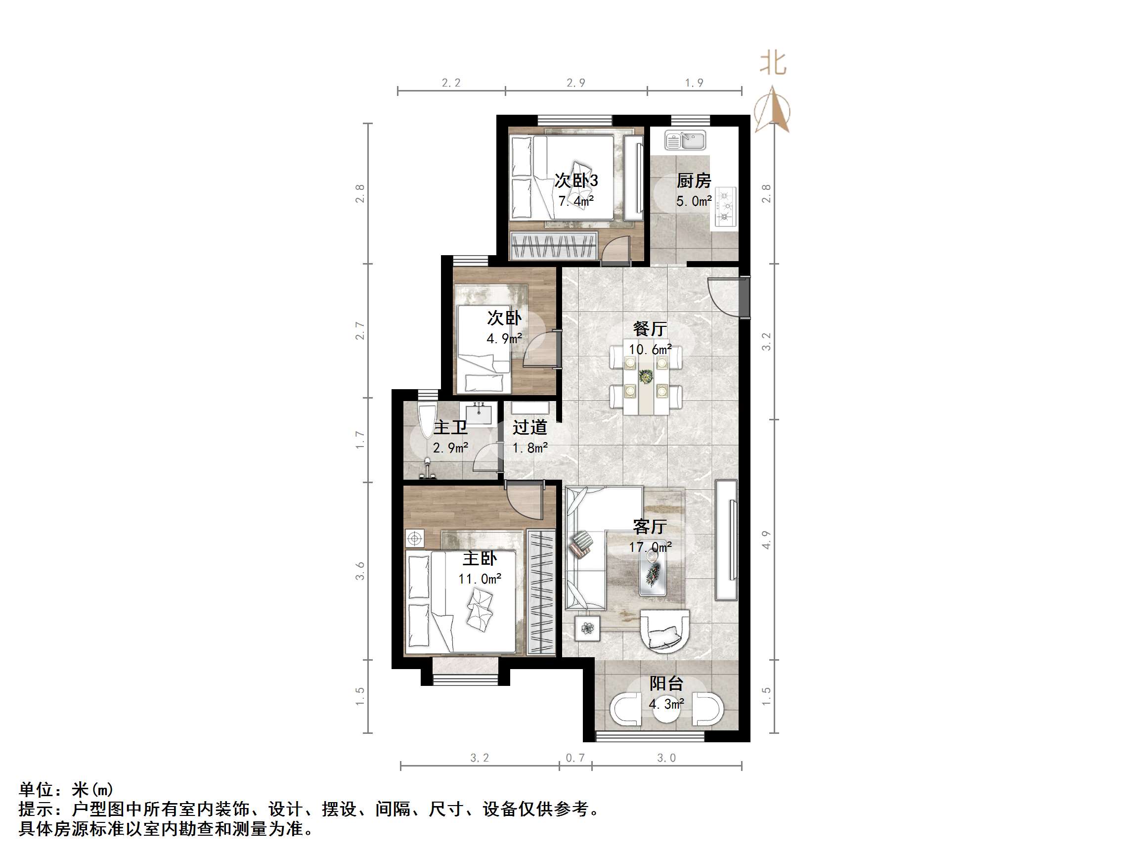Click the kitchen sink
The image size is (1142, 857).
(x=685, y=140)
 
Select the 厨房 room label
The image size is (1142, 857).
(x=693, y=181)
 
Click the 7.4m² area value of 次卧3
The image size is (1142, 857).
(x=575, y=201)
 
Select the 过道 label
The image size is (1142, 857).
(x=529, y=427)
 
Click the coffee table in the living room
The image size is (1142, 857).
(x=653, y=574)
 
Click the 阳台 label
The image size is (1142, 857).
(x=666, y=683)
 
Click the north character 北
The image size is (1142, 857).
(x=773, y=64)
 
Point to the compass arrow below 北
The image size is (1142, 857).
(x=772, y=109)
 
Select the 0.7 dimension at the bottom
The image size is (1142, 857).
(x=575, y=758)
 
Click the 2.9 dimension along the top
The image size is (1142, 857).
(x=575, y=83)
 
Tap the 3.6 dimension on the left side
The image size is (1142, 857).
(x=360, y=570)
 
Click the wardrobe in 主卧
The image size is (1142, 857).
(x=541, y=592)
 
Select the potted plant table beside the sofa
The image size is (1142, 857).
(x=587, y=628)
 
